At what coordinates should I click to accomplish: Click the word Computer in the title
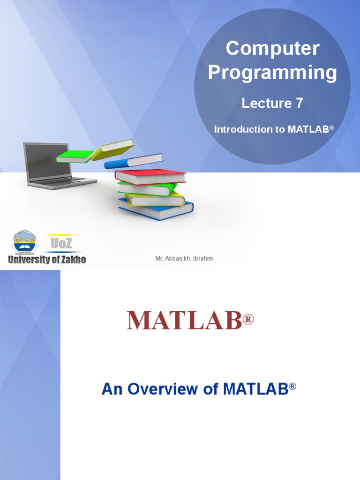(x=272, y=49)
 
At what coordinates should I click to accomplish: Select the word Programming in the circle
(x=272, y=73)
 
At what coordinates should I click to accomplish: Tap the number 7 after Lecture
(x=298, y=104)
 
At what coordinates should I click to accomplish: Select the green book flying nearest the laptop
(x=74, y=157)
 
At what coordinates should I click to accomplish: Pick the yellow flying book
(x=113, y=149)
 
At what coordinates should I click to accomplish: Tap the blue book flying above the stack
(x=133, y=161)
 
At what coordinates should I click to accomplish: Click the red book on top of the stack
(x=150, y=177)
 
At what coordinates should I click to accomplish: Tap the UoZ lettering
(x=61, y=244)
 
